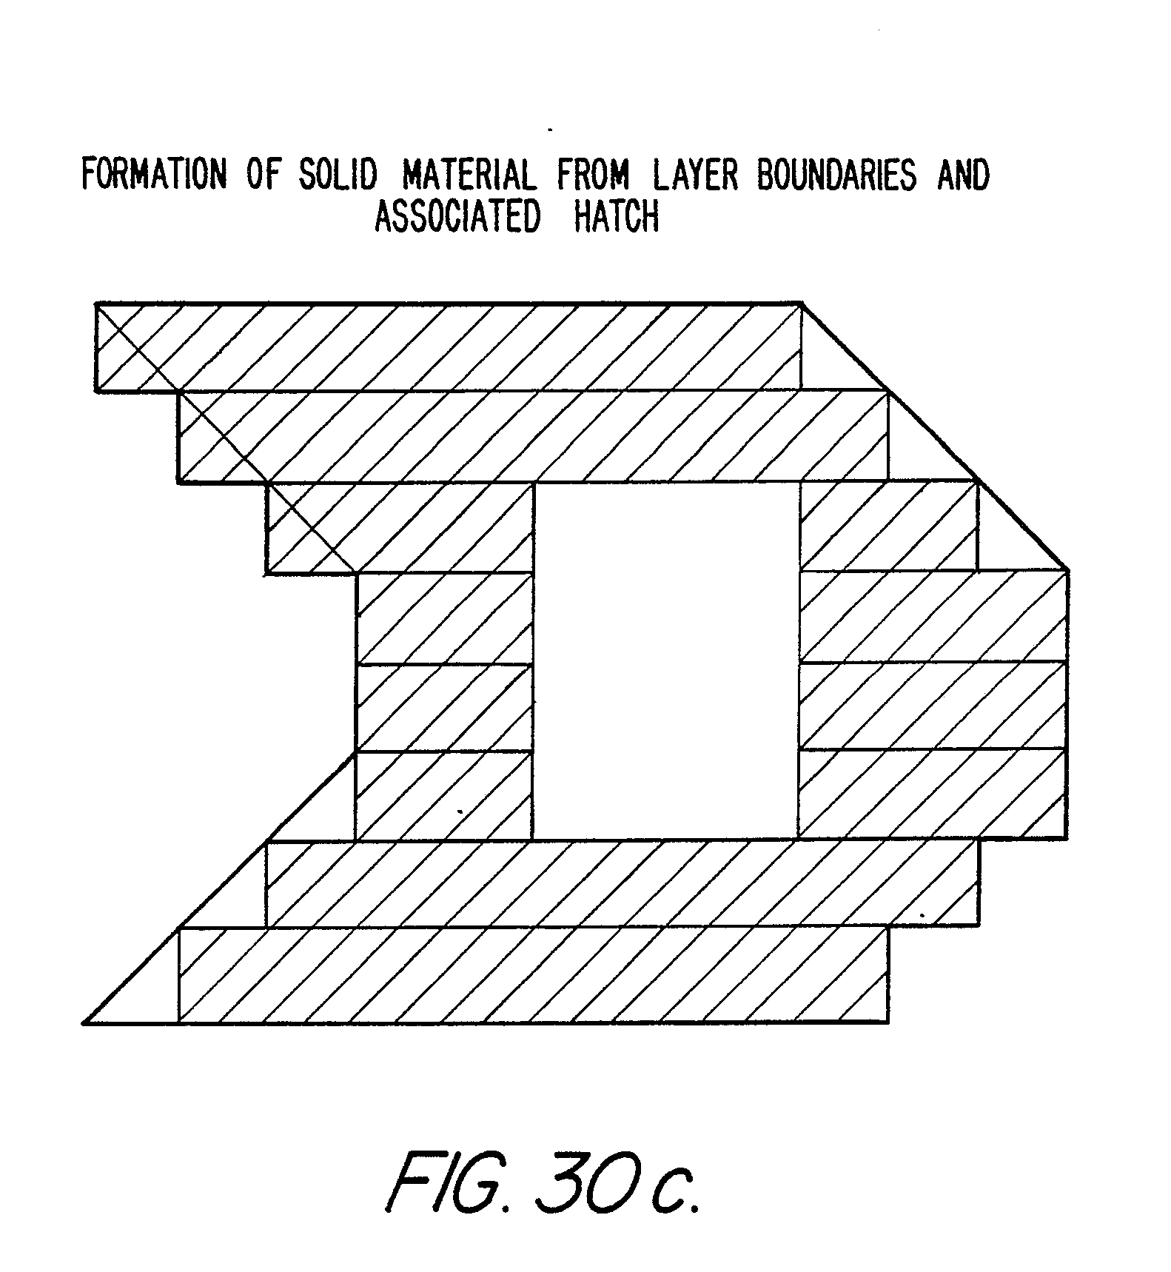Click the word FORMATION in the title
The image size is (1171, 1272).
pyautogui.click(x=152, y=175)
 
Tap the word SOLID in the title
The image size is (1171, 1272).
pyautogui.click(x=337, y=175)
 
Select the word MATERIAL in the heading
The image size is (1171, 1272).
pyautogui.click(x=467, y=175)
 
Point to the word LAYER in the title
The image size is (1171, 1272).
pyautogui.click(x=695, y=175)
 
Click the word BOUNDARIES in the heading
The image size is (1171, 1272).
pyautogui.click(x=836, y=175)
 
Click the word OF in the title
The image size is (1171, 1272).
pyautogui.click(x=261, y=175)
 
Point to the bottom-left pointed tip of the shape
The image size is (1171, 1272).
pyautogui.click(x=84, y=1022)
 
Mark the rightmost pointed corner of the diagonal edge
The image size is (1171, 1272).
pyautogui.click(x=1067, y=570)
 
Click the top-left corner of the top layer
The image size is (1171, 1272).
pyautogui.click(x=96, y=304)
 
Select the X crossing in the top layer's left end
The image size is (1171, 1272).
pyautogui.click(x=138, y=347)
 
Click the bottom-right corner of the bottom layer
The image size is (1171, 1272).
pyautogui.click(x=888, y=1022)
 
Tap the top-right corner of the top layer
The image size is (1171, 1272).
pyautogui.click(x=802, y=303)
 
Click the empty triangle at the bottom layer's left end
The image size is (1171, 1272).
pyautogui.click(x=148, y=992)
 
